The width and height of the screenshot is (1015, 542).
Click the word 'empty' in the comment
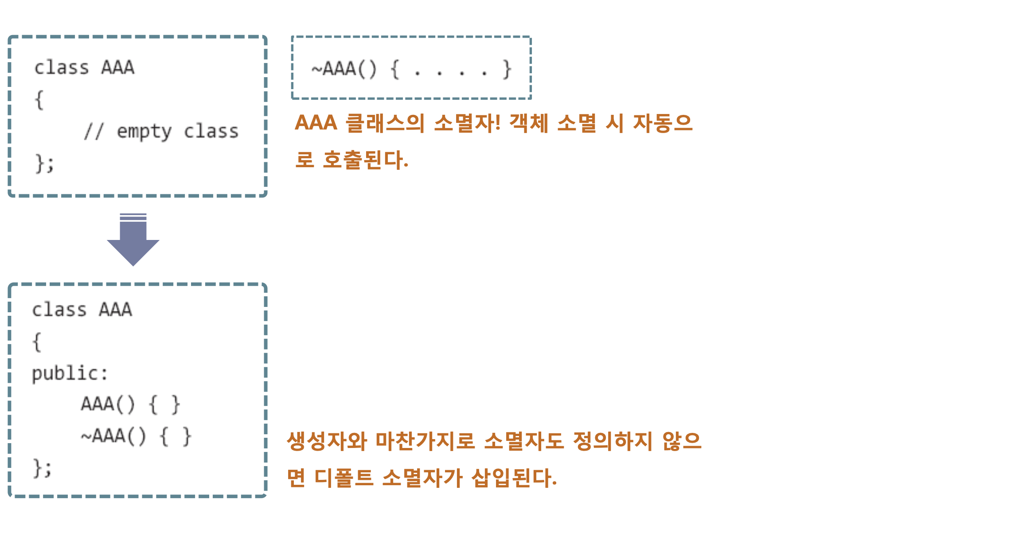[144, 132]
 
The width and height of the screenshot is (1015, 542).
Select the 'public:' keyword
[70, 373]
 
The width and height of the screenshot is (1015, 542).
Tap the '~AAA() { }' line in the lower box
[136, 436]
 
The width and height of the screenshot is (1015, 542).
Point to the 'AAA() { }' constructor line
[130, 405]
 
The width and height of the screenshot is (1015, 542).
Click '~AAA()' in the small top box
[344, 69]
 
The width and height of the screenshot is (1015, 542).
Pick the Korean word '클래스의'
[385, 123]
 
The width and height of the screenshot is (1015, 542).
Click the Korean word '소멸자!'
[467, 123]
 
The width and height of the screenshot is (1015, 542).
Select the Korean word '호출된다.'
[365, 160]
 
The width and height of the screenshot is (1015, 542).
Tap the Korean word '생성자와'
[327, 441]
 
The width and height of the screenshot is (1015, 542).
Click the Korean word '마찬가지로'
[425, 441]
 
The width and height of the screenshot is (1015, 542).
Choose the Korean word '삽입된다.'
[514, 478]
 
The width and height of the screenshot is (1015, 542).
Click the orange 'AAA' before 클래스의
[316, 123]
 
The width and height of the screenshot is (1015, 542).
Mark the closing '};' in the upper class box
[44, 163]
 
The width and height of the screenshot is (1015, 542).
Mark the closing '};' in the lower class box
[43, 468]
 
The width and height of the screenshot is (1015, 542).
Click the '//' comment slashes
[94, 132]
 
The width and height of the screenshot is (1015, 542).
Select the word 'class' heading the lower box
[59, 310]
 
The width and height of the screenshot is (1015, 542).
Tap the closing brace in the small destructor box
[507, 69]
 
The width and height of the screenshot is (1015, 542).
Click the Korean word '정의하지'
[613, 441]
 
